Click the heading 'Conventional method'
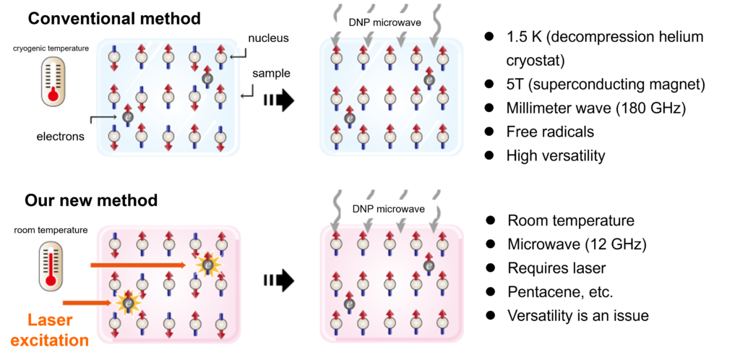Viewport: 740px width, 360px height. click(112, 17)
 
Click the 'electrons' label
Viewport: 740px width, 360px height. click(60, 136)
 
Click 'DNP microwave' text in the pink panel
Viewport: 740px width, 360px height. click(387, 209)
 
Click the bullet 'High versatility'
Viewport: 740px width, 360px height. click(555, 155)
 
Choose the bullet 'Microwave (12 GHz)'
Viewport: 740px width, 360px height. click(577, 244)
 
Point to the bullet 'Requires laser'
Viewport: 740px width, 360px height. click(556, 267)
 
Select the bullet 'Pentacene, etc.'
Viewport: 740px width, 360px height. click(560, 291)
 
